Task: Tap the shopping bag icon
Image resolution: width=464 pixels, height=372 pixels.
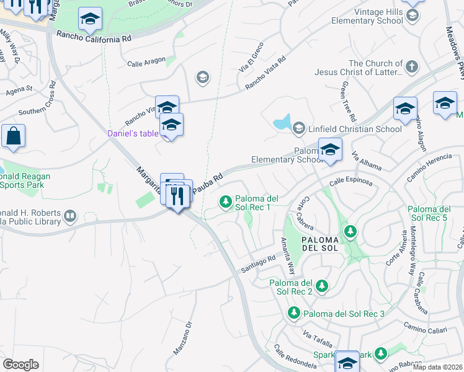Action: pyautogui.click(x=13, y=136)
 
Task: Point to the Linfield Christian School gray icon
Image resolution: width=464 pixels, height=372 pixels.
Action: pyautogui.click(x=298, y=128)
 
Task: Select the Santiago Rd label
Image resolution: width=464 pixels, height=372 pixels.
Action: pyautogui.click(x=258, y=263)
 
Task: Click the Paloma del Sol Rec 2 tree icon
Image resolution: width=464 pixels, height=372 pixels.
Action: pyautogui.click(x=321, y=286)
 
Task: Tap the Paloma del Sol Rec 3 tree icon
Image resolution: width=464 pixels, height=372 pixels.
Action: pyautogui.click(x=295, y=313)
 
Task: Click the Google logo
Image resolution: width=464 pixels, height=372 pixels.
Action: pyautogui.click(x=20, y=365)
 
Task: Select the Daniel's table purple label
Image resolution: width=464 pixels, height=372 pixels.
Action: pyautogui.click(x=133, y=133)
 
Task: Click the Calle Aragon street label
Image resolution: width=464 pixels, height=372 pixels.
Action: pyautogui.click(x=146, y=61)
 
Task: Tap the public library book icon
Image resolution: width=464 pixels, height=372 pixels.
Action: pyautogui.click(x=70, y=216)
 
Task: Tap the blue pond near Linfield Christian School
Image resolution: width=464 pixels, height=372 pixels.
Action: pyautogui.click(x=283, y=122)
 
